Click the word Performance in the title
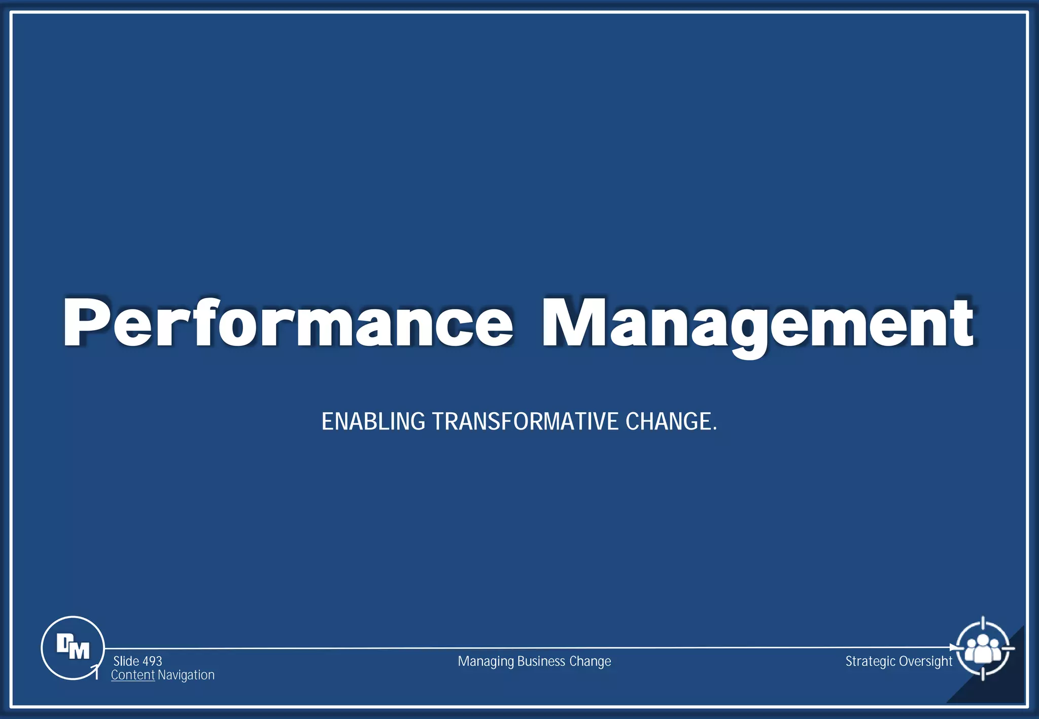pos(287,323)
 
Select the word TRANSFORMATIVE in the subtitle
pos(525,422)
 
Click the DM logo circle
pos(73,648)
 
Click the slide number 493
pos(152,661)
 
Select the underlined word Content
pos(132,675)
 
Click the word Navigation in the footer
pos(186,675)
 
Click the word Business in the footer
pos(541,661)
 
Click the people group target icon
pos(983,648)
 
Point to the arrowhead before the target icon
pos(953,648)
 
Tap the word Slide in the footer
pos(126,661)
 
